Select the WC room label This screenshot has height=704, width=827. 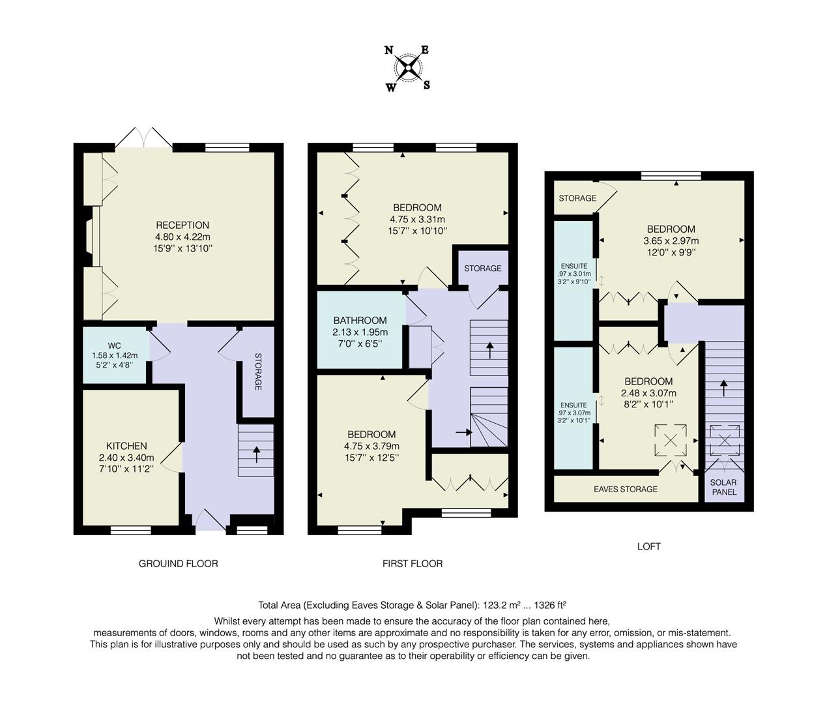pos(115,345)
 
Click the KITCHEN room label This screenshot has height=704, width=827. pos(127,447)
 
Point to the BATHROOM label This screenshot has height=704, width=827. pos(360,321)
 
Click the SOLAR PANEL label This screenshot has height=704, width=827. pos(723,488)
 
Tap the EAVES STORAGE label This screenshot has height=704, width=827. pos(626,489)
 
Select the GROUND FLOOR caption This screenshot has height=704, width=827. pos(178,563)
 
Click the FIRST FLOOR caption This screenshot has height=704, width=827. pos(412,563)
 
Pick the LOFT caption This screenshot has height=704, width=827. pos(648,546)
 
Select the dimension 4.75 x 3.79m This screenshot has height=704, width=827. pos(371,446)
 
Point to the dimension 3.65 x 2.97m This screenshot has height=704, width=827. pos(671,241)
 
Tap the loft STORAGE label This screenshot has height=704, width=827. pos(577,198)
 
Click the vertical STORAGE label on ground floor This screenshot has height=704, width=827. pos(258,372)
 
